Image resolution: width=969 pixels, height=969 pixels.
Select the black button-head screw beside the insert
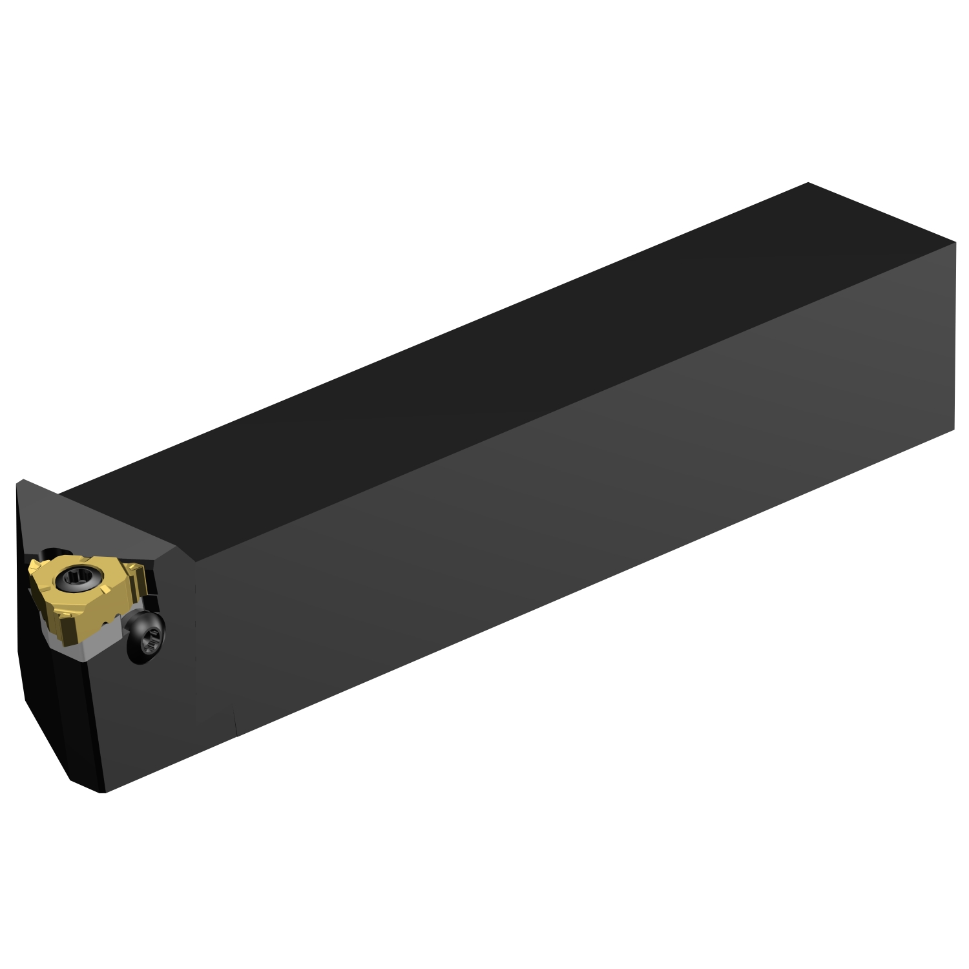point(146,637)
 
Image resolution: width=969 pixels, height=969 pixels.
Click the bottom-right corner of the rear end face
point(954,428)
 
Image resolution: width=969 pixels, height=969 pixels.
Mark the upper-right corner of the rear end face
point(955,244)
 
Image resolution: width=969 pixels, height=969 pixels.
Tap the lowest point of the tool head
point(103,792)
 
